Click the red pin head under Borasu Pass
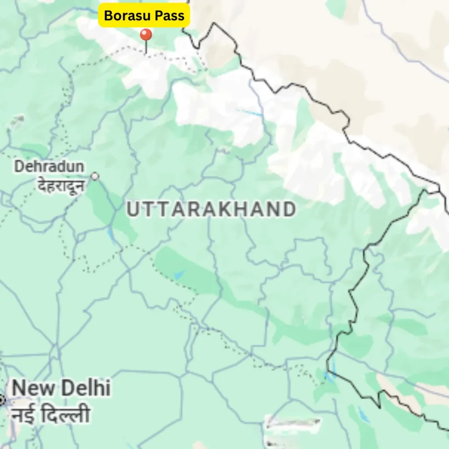(146, 35)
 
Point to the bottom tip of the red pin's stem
(146, 53)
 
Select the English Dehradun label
(49, 167)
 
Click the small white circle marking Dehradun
(95, 176)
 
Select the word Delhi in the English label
(86, 388)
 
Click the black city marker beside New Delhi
(1, 400)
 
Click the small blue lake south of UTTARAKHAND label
(178, 275)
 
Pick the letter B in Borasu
(108, 16)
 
